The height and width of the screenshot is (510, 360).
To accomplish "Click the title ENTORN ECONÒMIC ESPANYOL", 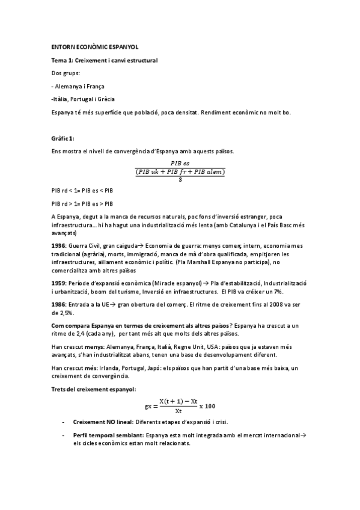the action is pos(94,47).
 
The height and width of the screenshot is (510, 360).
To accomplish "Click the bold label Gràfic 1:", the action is pos(63,138).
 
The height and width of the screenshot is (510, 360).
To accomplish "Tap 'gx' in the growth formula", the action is pos(149,406).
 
